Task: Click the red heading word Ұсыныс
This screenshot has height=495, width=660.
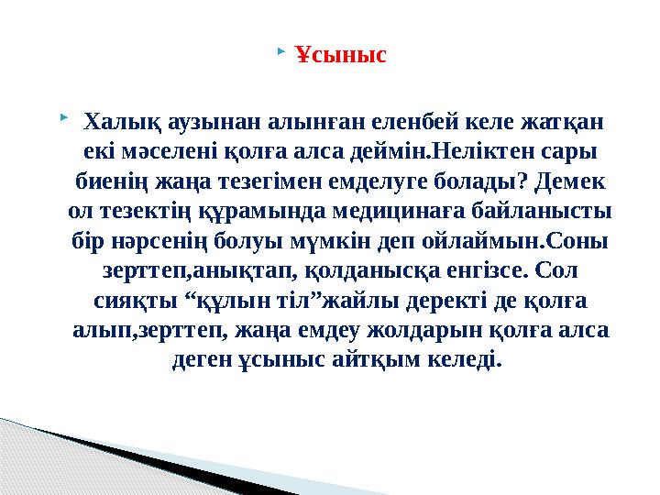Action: tap(341, 56)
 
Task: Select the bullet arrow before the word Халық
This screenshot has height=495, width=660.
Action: tap(61, 116)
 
